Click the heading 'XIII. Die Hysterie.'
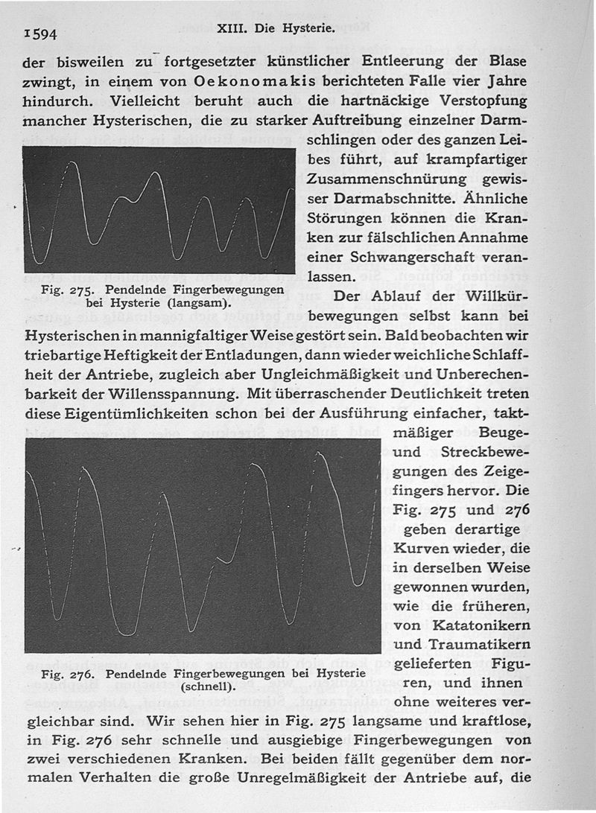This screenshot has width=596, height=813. [276, 31]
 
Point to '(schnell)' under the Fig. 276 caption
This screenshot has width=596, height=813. [209, 687]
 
